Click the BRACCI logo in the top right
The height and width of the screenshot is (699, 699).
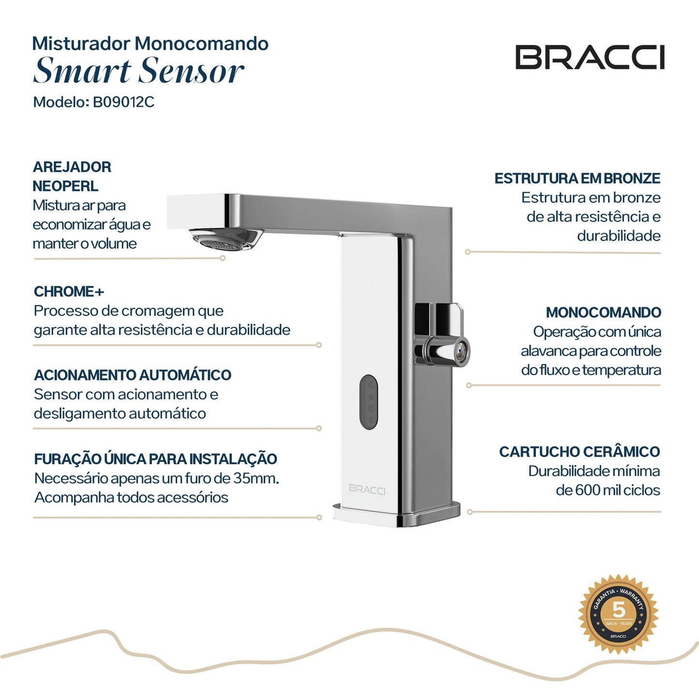coord(590,58)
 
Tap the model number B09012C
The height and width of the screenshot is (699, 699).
coord(123,102)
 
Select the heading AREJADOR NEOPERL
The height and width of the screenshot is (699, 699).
coord(72,177)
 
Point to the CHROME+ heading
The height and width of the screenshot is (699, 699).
coord(69,292)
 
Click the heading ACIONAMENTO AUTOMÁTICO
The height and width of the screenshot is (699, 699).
coord(133,375)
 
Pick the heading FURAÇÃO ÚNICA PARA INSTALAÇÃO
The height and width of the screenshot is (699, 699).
coord(155,459)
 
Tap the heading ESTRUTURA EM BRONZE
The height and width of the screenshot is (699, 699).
coord(577,178)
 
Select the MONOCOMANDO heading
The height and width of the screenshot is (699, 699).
coord(603,312)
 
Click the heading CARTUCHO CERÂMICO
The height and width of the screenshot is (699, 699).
coord(580,452)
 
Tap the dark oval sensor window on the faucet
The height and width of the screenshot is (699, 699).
coord(369,402)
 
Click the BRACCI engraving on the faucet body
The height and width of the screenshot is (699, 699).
coord(367,489)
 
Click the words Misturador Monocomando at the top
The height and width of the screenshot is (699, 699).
coord(150,44)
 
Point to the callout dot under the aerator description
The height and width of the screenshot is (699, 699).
coord(223,258)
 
